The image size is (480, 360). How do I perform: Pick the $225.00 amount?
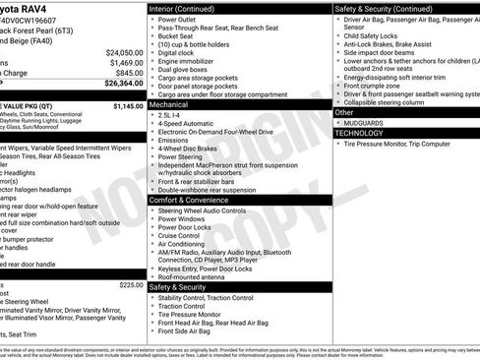click(x=132, y=284)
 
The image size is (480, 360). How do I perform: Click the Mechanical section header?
click(x=168, y=102)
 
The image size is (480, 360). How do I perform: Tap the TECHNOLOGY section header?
click(x=359, y=132)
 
